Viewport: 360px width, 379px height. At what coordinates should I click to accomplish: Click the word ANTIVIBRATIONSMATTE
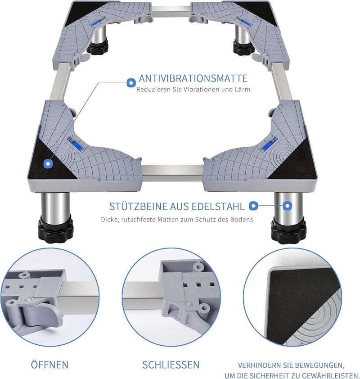coord(193,78)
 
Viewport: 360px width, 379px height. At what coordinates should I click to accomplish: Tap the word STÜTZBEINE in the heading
coord(138,207)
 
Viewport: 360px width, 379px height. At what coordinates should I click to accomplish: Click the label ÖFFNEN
coord(49,365)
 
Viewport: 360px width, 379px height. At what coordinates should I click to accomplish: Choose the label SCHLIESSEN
coord(171,365)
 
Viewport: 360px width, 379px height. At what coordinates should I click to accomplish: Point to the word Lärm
coord(243,89)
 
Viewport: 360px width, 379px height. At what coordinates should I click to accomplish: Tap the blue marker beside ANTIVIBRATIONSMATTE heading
coord(131,83)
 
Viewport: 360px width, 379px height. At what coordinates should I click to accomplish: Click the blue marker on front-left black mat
coord(48,164)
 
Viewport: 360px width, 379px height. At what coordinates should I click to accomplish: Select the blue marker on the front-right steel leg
coord(287,206)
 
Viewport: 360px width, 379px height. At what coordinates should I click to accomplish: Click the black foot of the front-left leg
coord(55,229)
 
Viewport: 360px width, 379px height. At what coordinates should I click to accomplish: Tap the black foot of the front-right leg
coord(288,231)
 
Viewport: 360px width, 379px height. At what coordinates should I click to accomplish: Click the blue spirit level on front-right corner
coord(269,144)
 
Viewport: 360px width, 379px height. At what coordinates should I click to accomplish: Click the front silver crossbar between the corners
coord(172,173)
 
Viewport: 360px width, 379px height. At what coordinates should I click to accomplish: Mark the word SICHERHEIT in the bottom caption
coord(274,375)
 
